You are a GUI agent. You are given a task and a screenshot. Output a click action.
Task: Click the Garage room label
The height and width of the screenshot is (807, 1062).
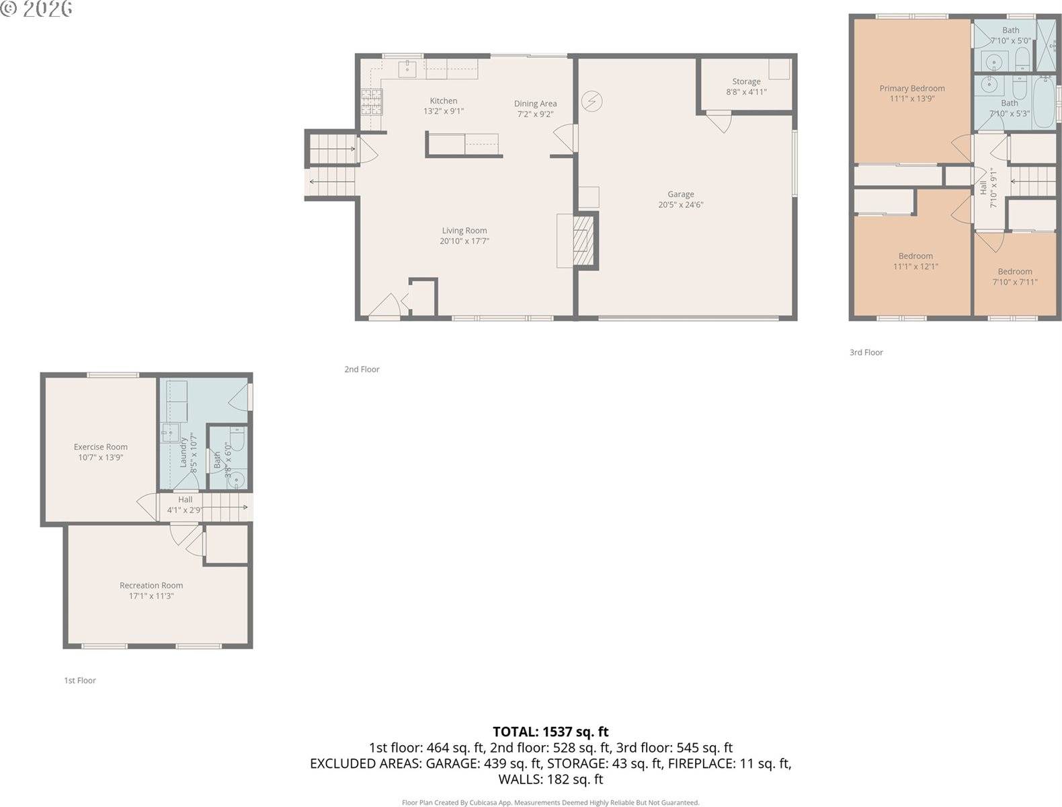pyautogui.click(x=680, y=194)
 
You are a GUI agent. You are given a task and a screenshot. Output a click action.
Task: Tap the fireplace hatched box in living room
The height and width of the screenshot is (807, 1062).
pyautogui.click(x=583, y=240)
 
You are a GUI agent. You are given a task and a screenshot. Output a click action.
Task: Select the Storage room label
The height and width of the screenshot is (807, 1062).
pyautogui.click(x=746, y=81)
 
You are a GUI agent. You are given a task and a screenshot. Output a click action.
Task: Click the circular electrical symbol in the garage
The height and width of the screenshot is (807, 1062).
pyautogui.click(x=591, y=102)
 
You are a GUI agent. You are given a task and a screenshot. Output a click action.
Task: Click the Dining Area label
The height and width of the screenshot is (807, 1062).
pyautogui.click(x=535, y=104)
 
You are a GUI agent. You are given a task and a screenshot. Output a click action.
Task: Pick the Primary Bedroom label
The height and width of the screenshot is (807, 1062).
pyautogui.click(x=911, y=88)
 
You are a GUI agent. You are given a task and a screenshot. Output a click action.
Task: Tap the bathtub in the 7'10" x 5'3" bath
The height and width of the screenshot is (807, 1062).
pyautogui.click(x=1043, y=103)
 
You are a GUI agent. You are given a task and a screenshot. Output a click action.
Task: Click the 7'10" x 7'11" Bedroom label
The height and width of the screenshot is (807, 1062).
pyautogui.click(x=1014, y=272)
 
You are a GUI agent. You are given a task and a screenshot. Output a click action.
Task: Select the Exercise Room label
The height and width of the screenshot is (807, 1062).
pyautogui.click(x=100, y=447)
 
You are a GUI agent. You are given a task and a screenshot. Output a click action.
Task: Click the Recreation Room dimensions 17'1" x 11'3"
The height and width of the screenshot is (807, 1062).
pyautogui.click(x=151, y=596)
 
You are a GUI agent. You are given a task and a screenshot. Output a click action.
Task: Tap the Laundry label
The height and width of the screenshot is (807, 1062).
pyautogui.click(x=183, y=452)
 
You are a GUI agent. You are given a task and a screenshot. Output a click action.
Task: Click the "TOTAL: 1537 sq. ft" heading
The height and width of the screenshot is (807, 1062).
pyautogui.click(x=550, y=732)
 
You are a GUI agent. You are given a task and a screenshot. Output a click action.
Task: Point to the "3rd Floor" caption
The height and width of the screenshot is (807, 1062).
pyautogui.click(x=866, y=352)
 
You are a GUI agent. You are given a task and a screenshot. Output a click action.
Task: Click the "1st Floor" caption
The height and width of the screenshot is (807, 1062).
pyautogui.click(x=79, y=681)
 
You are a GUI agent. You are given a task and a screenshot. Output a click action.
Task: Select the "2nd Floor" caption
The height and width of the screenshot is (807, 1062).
pyautogui.click(x=362, y=369)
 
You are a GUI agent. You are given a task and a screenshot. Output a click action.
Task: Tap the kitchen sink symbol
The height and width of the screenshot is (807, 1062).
pyautogui.click(x=407, y=68)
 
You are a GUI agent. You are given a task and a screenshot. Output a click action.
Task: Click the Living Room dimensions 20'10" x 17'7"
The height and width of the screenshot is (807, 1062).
pyautogui.click(x=464, y=241)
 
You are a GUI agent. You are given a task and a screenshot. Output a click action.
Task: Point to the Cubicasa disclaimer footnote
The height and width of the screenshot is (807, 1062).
pyautogui.click(x=550, y=802)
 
